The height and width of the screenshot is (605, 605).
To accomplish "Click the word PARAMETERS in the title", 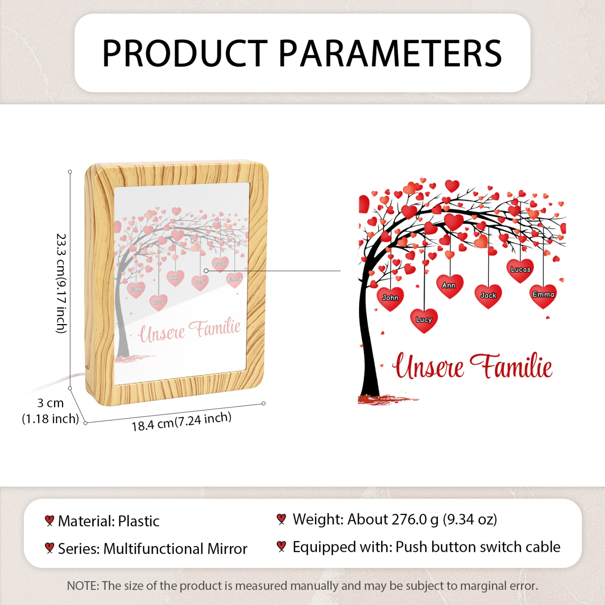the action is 390,53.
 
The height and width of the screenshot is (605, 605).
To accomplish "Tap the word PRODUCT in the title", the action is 185,53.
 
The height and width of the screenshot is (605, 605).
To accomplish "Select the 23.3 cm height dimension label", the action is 61,283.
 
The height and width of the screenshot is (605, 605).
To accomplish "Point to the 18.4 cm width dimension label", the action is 181,422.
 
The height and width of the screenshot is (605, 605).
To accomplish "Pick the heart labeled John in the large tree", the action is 390,299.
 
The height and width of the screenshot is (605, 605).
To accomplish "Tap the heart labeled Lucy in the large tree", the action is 424,321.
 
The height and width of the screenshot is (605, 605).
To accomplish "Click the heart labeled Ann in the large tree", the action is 450,286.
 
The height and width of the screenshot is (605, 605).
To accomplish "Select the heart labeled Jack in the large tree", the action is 488,296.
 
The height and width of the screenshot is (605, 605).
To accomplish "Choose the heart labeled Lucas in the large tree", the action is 520,270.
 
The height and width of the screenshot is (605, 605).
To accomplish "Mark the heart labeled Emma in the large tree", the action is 543,296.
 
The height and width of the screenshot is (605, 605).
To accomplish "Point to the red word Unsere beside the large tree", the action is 427,366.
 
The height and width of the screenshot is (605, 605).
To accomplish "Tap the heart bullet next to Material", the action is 49,521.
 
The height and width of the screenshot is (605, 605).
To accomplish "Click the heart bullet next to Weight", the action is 281,519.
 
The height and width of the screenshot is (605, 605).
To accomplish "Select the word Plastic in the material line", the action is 139,522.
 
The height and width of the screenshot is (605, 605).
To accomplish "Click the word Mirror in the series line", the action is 227,549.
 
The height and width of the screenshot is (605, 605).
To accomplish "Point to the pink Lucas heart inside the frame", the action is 220,264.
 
